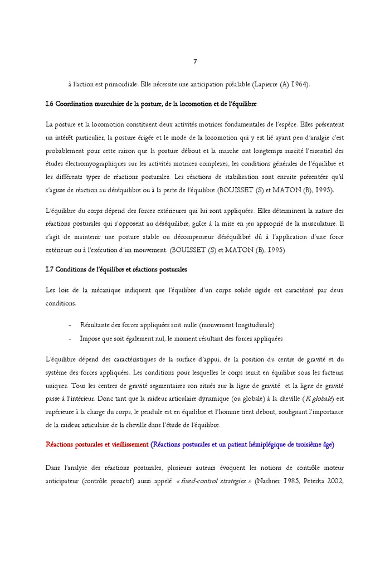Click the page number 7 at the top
click(x=195, y=61)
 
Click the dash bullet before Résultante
click(x=70, y=325)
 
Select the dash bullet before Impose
click(x=70, y=338)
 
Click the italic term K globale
click(x=319, y=398)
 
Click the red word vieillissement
click(x=125, y=445)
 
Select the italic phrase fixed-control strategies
click(x=214, y=481)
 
